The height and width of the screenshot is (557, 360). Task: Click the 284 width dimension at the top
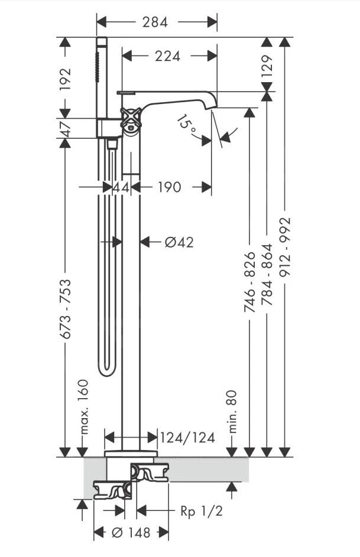(155, 22)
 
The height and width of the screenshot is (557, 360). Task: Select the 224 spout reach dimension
(167, 56)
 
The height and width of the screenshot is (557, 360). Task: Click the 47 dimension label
(66, 128)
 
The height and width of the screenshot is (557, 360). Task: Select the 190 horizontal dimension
(169, 187)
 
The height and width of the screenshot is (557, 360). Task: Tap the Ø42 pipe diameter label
(179, 242)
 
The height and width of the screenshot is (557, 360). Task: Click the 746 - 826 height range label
(250, 282)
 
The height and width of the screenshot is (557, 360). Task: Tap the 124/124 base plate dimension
(187, 438)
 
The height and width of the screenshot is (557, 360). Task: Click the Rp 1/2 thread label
(202, 511)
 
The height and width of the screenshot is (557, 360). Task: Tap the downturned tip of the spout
(212, 105)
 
